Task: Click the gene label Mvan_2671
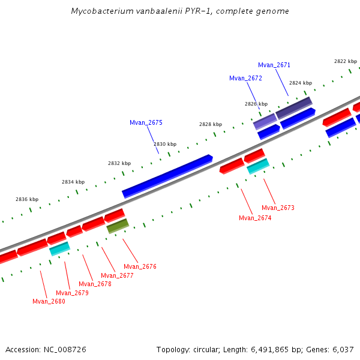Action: [274, 65]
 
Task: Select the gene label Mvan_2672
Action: [245, 78]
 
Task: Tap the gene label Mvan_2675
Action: [146, 122]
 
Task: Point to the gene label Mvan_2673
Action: [278, 208]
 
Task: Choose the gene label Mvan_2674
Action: [255, 218]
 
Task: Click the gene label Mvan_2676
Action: [140, 266]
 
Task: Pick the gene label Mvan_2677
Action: [117, 275]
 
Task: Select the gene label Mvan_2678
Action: [95, 284]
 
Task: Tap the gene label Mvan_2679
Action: [72, 293]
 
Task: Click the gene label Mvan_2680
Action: [49, 301]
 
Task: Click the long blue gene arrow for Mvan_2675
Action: [167, 176]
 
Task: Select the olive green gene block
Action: [118, 226]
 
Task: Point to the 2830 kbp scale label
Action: [165, 144]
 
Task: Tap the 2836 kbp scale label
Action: [27, 199]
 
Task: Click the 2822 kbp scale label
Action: [346, 61]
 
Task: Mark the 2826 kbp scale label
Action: [256, 104]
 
